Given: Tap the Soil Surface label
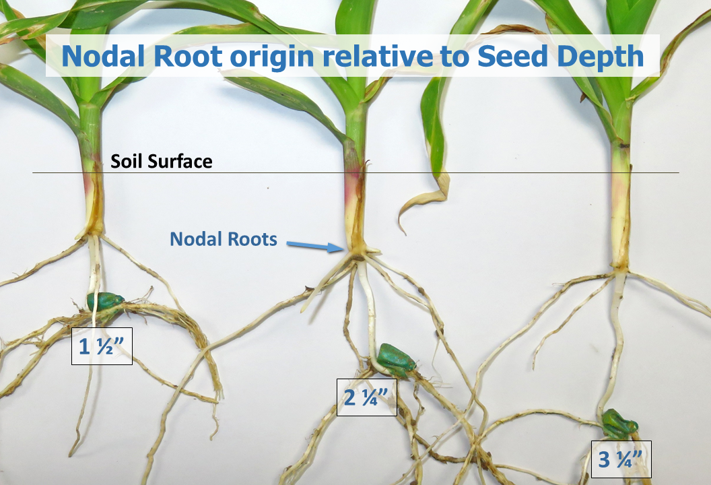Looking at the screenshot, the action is (162, 161).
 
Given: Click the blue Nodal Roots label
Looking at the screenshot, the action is (223, 239).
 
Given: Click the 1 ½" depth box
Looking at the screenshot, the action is (102, 346).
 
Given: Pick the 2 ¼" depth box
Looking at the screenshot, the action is (366, 397).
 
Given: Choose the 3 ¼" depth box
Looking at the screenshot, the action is (621, 459).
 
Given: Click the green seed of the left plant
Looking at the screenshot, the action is (105, 301).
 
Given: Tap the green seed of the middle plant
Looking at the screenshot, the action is (396, 358).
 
